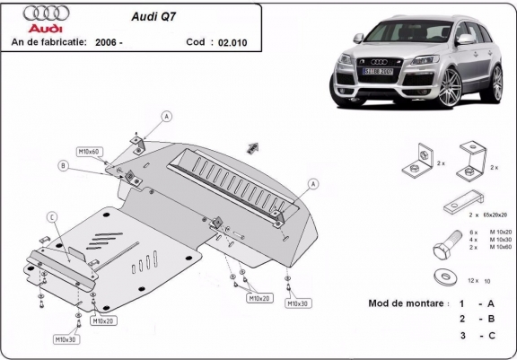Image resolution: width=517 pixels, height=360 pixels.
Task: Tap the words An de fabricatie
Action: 46,41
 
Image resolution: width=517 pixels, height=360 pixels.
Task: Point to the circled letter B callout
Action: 63,165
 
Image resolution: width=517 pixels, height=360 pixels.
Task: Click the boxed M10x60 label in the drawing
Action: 89,153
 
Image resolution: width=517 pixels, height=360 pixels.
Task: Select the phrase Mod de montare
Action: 407,303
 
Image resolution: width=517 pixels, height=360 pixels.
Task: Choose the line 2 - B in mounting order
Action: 476,319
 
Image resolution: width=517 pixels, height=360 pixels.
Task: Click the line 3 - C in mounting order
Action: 476,335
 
